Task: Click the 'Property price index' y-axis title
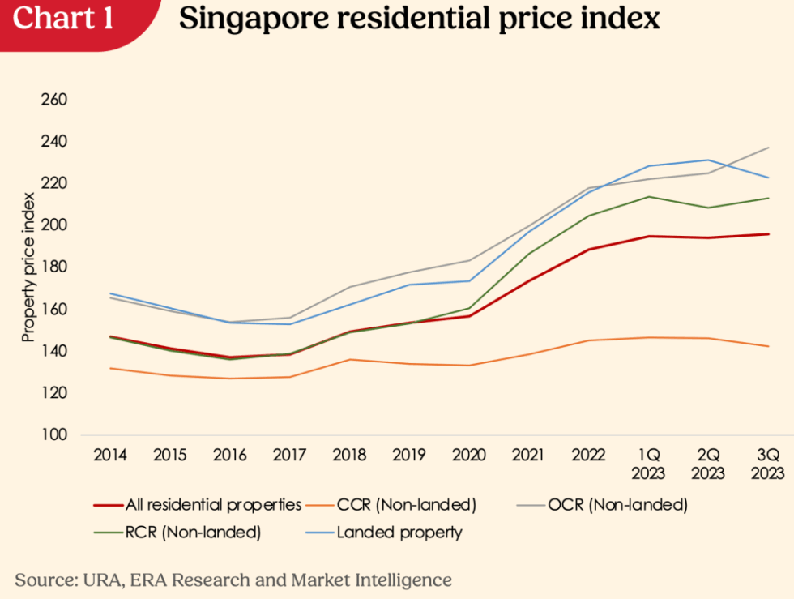tap(28, 267)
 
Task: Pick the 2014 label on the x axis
tap(109, 456)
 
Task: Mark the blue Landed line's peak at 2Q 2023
tap(707, 160)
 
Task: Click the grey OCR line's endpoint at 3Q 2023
tap(768, 148)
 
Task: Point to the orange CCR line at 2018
tap(348, 359)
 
